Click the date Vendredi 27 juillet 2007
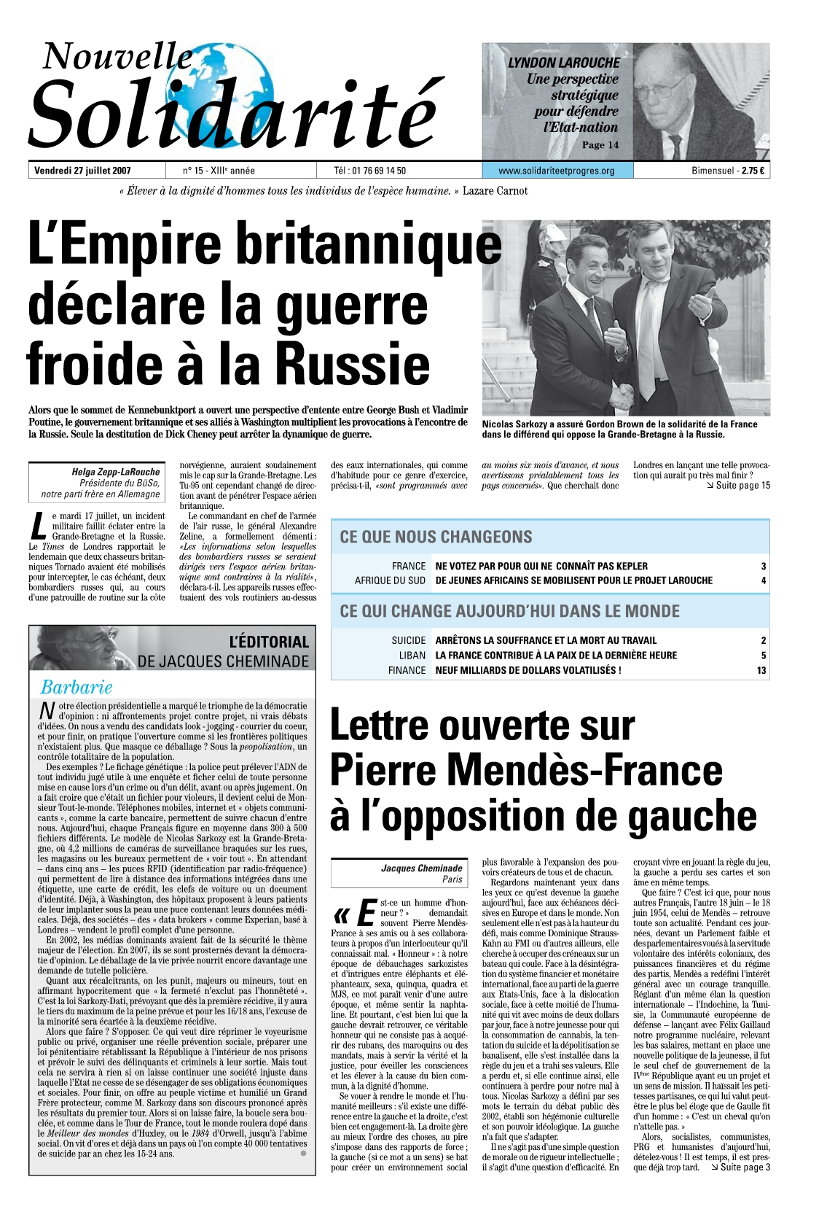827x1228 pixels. pyautogui.click(x=82, y=171)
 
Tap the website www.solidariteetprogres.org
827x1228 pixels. pyautogui.click(x=556, y=171)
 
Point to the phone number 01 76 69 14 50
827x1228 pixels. pyautogui.click(x=379, y=171)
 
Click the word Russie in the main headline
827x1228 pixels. pyautogui.click(x=355, y=364)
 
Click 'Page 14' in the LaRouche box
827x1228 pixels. pyautogui.click(x=600, y=144)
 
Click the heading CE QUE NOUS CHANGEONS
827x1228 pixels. pyautogui.click(x=436, y=537)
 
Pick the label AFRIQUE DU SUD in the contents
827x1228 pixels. pyautogui.click(x=390, y=580)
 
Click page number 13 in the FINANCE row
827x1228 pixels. pyautogui.click(x=761, y=670)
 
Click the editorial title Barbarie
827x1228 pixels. pyautogui.click(x=77, y=687)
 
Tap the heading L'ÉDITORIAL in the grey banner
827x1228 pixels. pyautogui.click(x=269, y=642)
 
